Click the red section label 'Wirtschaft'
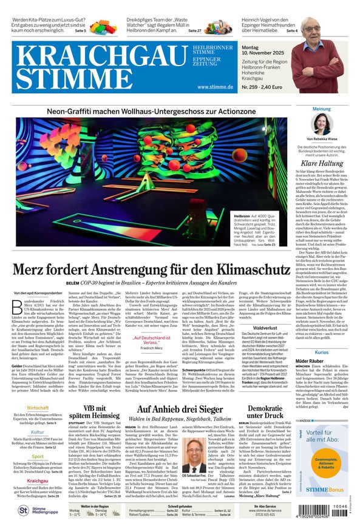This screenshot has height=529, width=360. click(38, 408)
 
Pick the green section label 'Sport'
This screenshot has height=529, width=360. click(38, 456)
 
